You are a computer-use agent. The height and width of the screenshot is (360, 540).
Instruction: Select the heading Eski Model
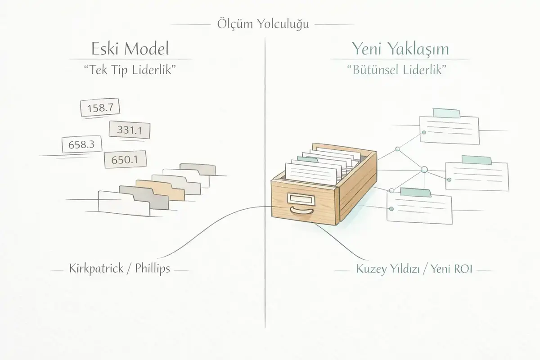(131, 48)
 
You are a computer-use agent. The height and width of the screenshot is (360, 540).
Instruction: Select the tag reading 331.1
(130, 130)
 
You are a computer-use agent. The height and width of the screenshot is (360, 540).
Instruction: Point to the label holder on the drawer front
(299, 198)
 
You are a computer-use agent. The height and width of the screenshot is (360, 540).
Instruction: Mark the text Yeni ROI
(447, 271)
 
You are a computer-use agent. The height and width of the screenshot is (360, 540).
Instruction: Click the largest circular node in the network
(423, 170)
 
